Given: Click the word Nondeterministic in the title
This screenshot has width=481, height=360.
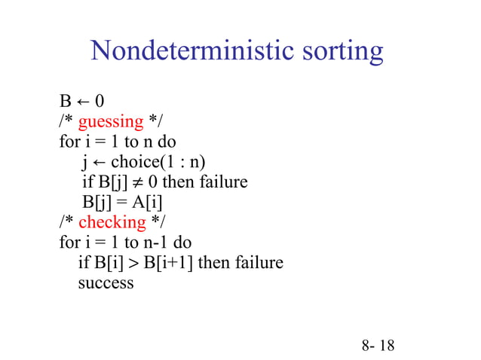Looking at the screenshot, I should [188, 51].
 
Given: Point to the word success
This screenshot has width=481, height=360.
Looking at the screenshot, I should [106, 283].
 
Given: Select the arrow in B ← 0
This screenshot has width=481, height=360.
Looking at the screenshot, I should [78, 101].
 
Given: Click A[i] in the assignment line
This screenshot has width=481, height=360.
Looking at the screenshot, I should [148, 202].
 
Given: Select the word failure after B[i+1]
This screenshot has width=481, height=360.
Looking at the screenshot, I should [258, 263].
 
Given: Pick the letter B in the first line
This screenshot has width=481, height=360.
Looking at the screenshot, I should [65, 101].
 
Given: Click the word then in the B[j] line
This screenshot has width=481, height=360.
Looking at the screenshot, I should [178, 182].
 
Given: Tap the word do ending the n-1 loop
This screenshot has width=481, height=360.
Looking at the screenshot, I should [182, 243].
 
